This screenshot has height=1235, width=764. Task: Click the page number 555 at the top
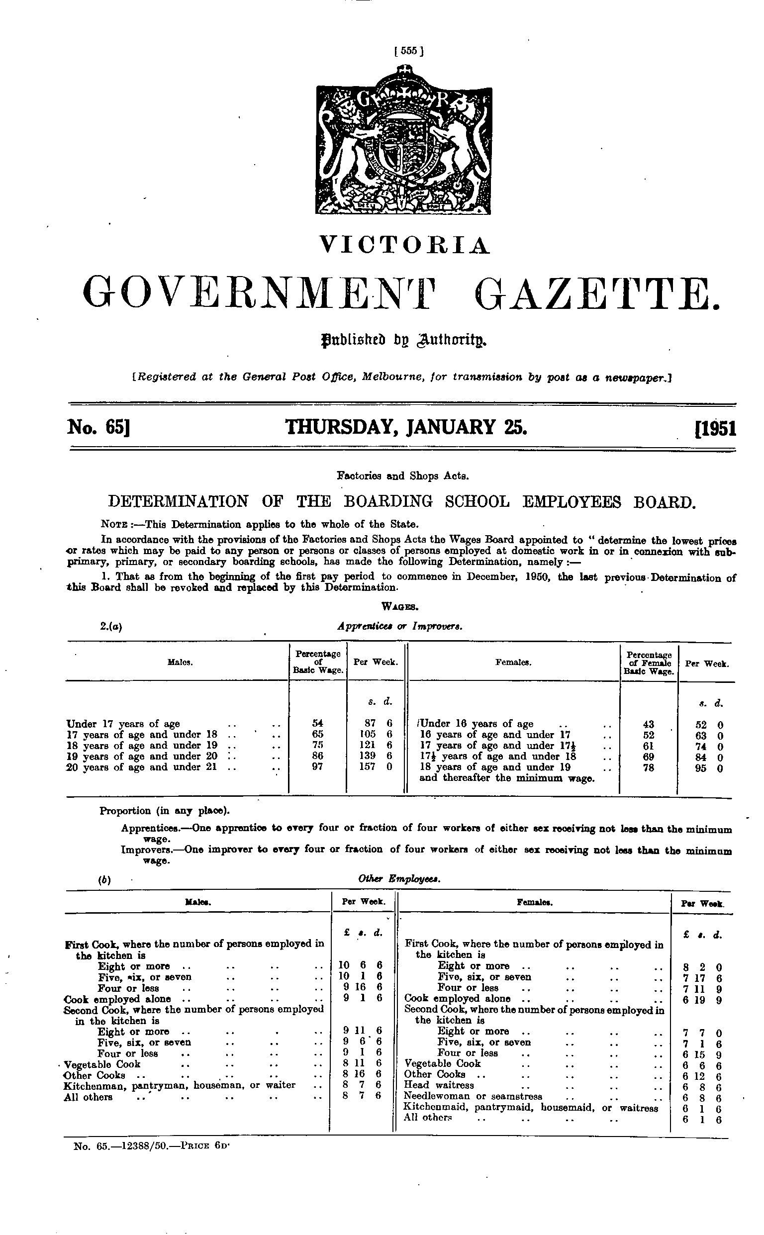point(408,51)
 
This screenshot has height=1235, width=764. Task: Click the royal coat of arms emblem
point(404,143)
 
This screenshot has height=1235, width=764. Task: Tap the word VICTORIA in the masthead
point(405,246)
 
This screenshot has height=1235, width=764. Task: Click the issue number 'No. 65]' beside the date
point(99,428)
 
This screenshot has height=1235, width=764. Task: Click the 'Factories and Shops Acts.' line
point(403,475)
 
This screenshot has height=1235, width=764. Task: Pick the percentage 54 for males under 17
point(318,723)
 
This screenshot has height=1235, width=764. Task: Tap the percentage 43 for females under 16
point(649,724)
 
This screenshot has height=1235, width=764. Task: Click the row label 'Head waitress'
point(439,1084)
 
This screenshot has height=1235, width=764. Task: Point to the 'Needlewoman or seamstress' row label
point(473,1096)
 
